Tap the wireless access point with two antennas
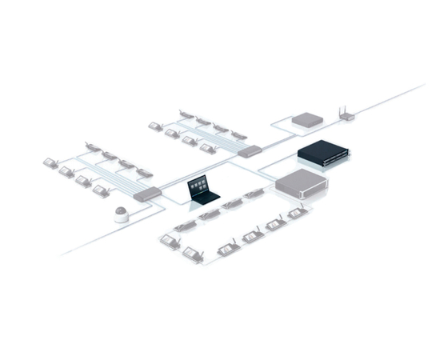pos(346,115)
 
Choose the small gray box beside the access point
pos(306,120)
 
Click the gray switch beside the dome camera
pos(146,192)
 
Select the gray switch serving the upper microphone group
pos(249,150)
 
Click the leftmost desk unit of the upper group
pos(153,125)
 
